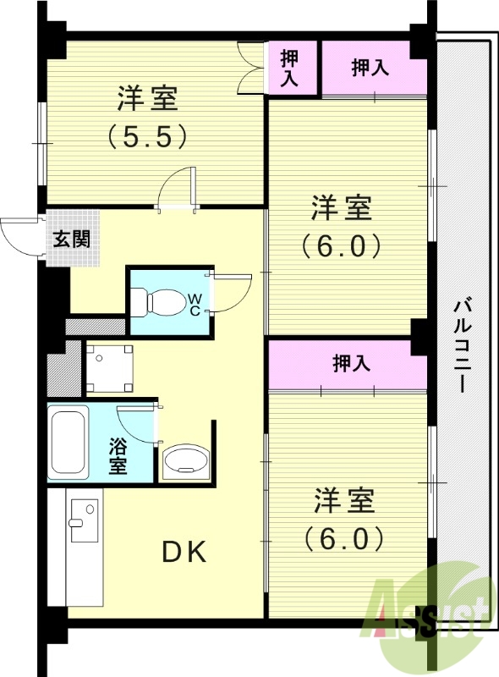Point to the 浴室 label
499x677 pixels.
[x=118, y=455]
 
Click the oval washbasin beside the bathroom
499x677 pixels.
[x=184, y=460]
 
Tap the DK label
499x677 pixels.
[x=184, y=552]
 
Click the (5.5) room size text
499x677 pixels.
[x=146, y=136]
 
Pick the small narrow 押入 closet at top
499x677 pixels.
[x=290, y=68]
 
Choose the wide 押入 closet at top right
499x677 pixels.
[x=370, y=69]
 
